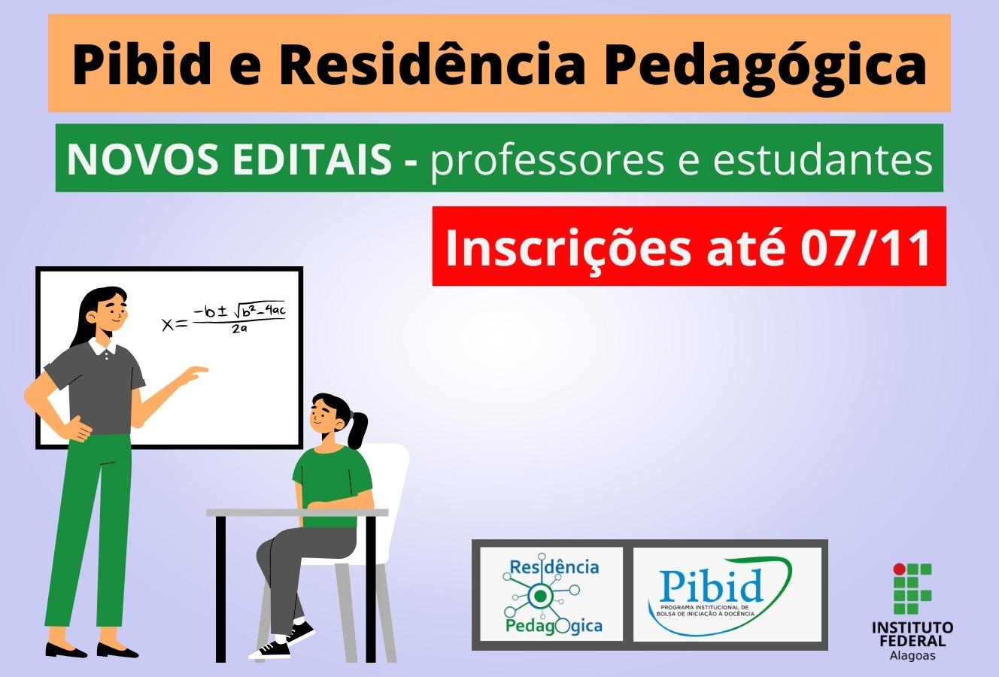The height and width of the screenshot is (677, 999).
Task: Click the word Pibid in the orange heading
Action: [x=142, y=65]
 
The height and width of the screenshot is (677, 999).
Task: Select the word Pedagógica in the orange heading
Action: [x=765, y=67]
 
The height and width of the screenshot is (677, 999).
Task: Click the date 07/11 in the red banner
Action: [x=865, y=247]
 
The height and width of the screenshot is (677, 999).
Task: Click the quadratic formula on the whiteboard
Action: [x=223, y=317]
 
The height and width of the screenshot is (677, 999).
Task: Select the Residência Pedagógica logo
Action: [x=551, y=594]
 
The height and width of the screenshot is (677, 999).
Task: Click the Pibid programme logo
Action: [x=727, y=594]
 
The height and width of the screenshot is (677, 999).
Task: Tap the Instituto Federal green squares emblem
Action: [x=912, y=588]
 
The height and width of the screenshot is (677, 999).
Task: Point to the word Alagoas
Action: [x=912, y=656]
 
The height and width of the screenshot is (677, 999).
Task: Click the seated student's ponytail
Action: [x=359, y=430]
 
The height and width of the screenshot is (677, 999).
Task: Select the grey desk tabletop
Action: [x=297, y=513]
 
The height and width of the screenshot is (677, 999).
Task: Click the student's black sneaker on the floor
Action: [x=270, y=649]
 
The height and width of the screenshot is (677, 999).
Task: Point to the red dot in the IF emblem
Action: [x=899, y=569]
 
